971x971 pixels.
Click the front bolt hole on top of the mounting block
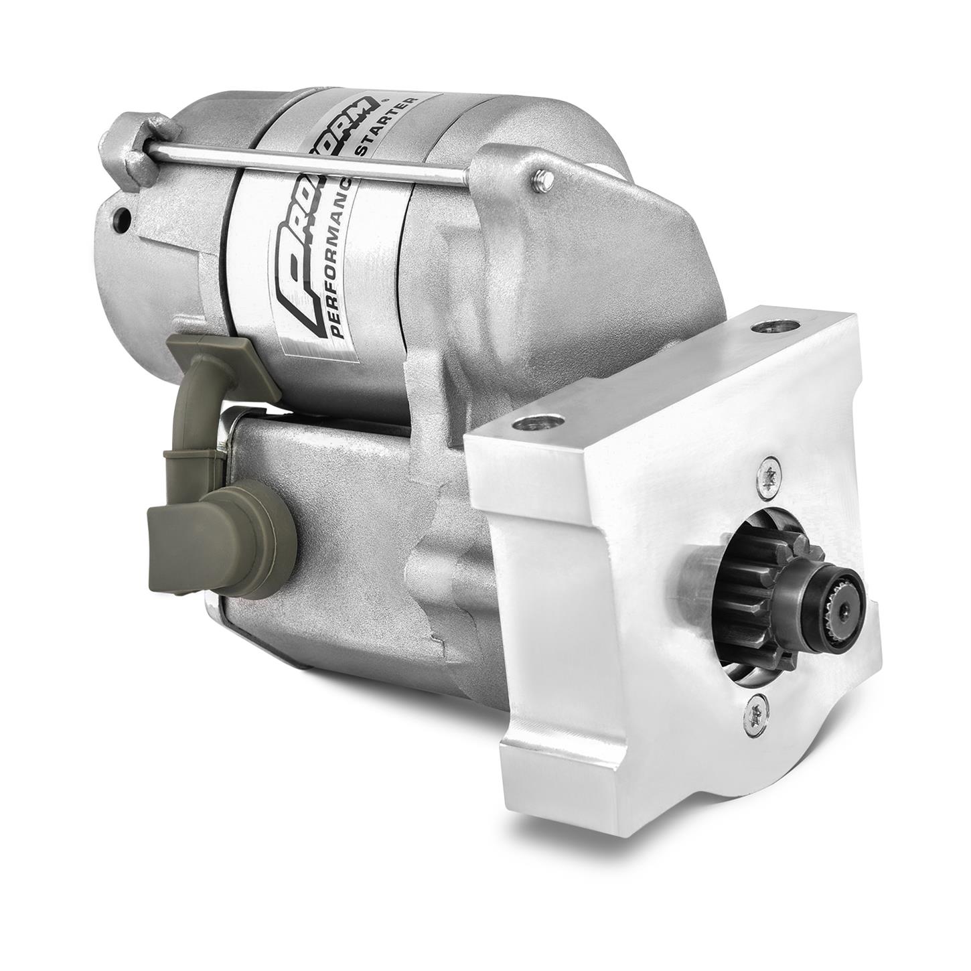(x=536, y=424)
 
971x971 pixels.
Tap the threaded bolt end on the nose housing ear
(x=544, y=179)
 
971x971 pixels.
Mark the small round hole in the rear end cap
(x=122, y=218)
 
